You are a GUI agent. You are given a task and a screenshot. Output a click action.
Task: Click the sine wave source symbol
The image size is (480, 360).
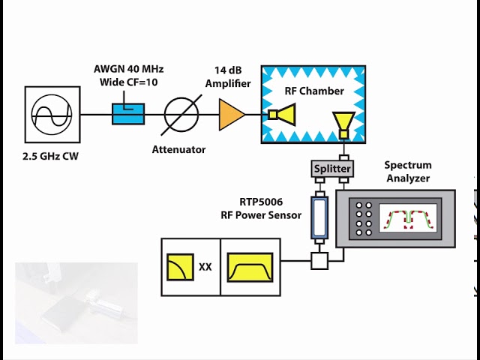[x=51, y=115]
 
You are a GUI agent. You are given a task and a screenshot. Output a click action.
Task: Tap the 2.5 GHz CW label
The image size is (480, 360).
[x=51, y=156]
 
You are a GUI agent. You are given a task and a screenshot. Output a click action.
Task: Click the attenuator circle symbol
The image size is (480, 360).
[x=181, y=115]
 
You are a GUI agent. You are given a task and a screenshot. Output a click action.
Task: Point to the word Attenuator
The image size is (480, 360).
[x=178, y=149]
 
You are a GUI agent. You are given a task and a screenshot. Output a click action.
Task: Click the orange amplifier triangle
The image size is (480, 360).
[x=231, y=115]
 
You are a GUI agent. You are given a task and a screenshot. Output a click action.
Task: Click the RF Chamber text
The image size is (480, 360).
[x=314, y=91]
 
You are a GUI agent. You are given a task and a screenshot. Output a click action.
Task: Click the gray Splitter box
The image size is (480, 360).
[x=332, y=169]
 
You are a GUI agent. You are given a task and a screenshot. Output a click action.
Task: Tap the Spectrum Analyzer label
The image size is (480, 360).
[x=408, y=172]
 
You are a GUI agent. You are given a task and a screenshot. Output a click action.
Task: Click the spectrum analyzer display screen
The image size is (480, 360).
[x=409, y=218]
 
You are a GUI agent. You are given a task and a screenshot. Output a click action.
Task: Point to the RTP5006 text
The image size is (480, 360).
[x=260, y=202]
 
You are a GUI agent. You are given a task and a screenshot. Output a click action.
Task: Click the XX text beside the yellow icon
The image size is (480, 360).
[x=205, y=267]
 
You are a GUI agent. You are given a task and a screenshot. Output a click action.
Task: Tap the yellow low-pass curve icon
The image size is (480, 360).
[x=181, y=267]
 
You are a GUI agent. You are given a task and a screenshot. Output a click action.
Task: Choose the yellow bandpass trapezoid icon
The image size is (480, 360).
[x=250, y=267]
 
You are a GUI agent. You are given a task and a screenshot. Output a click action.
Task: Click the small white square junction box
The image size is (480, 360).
[x=319, y=261]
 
